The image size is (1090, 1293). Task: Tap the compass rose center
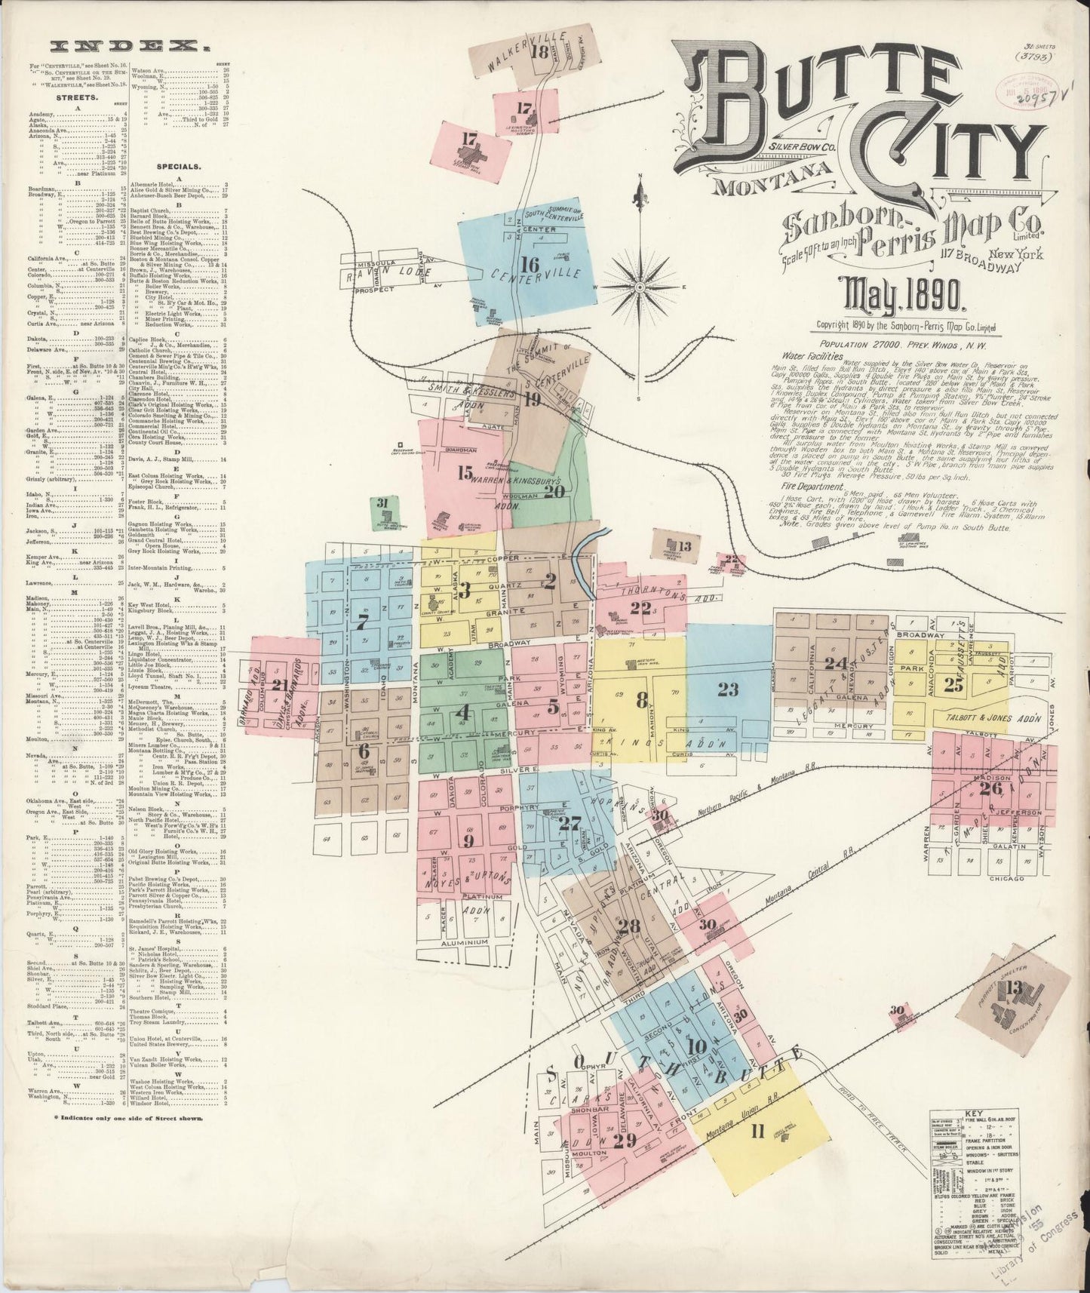[640, 287]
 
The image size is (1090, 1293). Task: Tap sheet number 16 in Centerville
[530, 265]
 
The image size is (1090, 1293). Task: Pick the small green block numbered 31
[383, 503]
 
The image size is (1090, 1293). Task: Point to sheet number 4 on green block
[462, 711]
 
